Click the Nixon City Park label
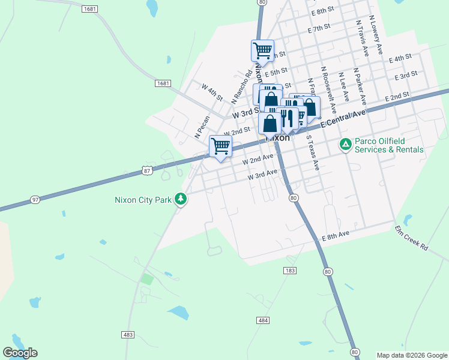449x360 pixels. [143, 199]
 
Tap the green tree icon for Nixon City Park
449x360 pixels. [180, 199]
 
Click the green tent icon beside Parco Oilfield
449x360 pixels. [345, 144]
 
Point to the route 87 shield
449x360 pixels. [147, 171]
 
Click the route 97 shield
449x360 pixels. [35, 199]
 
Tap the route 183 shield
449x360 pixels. [289, 271]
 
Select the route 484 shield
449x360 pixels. [262, 321]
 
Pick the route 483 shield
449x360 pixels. [127, 334]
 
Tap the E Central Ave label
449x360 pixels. [343, 118]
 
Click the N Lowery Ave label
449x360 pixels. [376, 35]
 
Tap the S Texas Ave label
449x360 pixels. [312, 152]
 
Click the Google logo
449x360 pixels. [20, 352]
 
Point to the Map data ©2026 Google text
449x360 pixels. [411, 355]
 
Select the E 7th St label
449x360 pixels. [319, 28]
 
